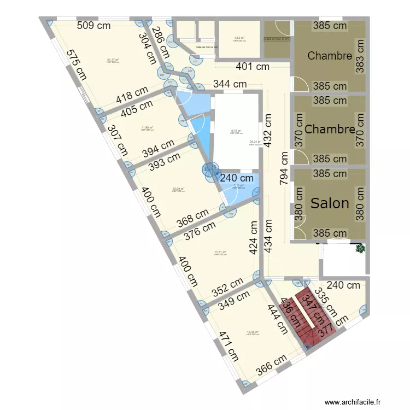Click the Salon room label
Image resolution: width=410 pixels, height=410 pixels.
tap(330, 203)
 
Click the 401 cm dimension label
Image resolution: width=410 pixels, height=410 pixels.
tap(252, 67)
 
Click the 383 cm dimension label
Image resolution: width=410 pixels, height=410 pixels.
tap(359, 56)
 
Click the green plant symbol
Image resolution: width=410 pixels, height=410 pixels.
tap(360, 249)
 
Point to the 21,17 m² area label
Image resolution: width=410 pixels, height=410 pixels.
tap(114, 60)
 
